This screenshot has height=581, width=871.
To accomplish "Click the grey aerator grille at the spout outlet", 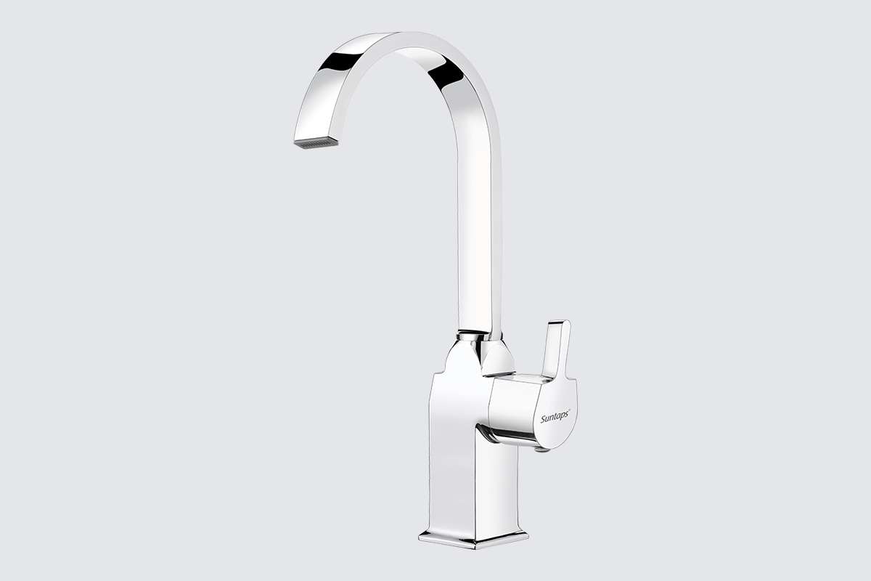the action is click(x=315, y=143).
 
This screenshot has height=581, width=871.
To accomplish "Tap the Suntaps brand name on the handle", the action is click(x=555, y=417).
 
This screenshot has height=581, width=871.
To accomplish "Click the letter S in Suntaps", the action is click(x=543, y=419).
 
